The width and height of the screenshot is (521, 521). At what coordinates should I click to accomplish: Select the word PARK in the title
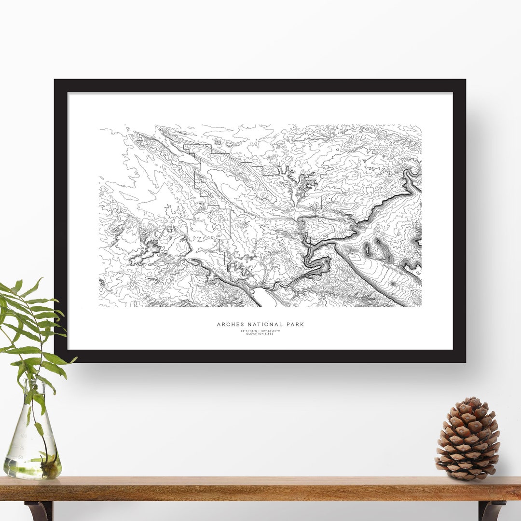(294, 325)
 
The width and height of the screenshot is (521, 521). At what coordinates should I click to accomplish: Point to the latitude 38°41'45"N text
(249, 330)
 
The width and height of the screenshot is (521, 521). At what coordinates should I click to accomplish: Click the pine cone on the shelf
(467, 439)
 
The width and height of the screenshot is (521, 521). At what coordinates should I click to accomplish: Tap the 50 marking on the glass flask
(21, 456)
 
